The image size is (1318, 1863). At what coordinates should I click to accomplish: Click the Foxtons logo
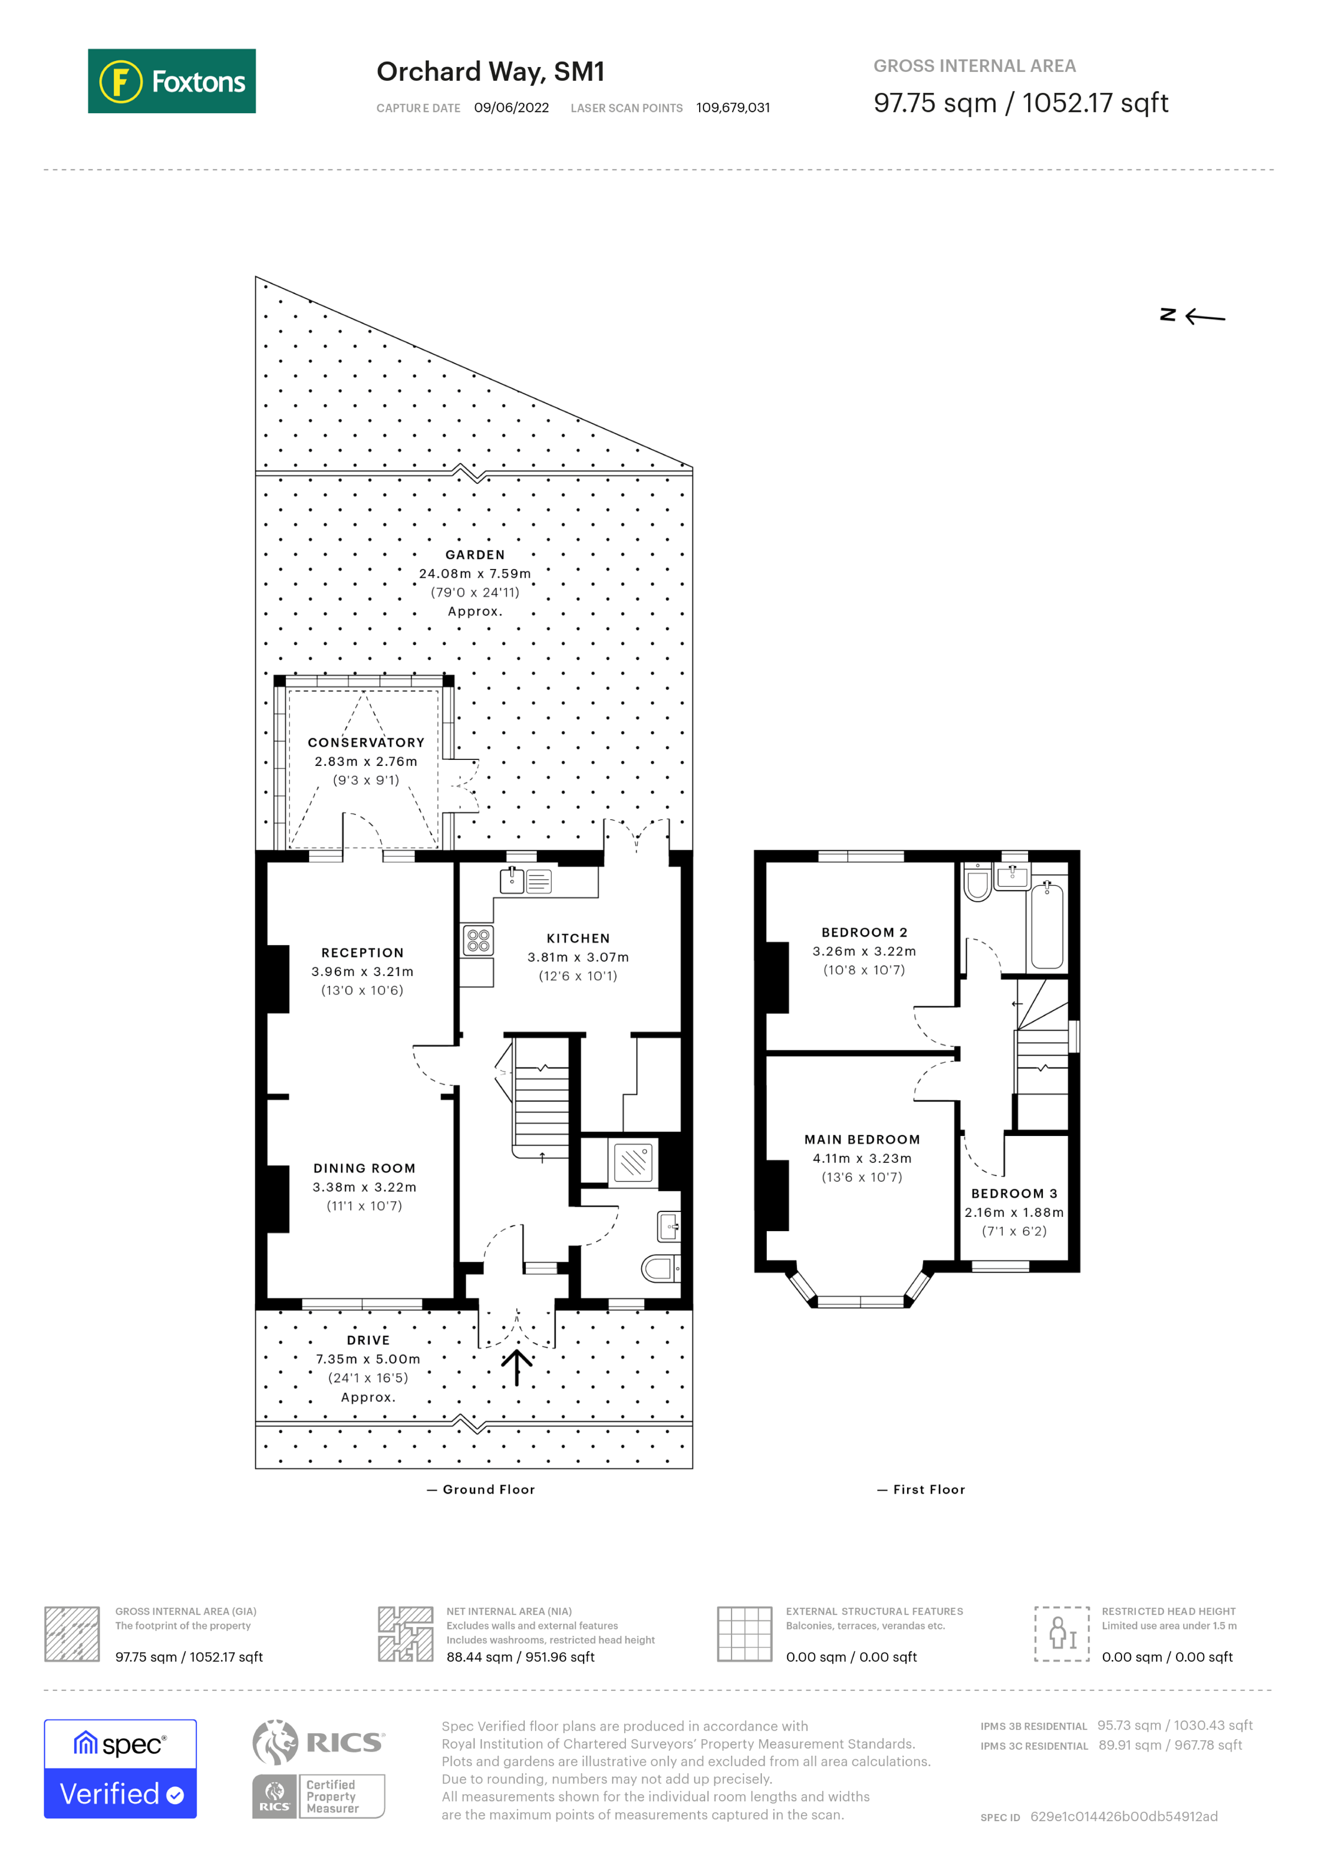171,81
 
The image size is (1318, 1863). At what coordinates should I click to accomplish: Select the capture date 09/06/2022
511,108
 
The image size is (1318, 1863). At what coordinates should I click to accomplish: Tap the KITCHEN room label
578,938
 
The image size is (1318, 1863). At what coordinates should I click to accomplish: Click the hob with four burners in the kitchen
478,940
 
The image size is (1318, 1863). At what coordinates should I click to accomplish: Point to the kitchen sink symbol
512,880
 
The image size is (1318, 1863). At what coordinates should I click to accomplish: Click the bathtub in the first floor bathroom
1047,926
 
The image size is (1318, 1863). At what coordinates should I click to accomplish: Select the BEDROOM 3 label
1014,1193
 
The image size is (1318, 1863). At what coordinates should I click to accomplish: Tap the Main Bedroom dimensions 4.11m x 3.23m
862,1159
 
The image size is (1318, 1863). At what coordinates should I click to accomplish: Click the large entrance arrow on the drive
516,1367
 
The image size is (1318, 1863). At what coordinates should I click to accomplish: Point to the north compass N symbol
1168,315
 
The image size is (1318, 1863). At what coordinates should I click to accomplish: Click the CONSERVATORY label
366,743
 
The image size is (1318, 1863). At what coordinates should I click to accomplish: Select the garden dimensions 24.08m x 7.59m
474,574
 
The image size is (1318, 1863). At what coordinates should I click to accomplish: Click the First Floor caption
929,1490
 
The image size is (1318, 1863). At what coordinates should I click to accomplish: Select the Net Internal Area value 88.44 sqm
520,1657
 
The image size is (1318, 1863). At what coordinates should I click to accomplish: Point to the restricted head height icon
1062,1634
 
